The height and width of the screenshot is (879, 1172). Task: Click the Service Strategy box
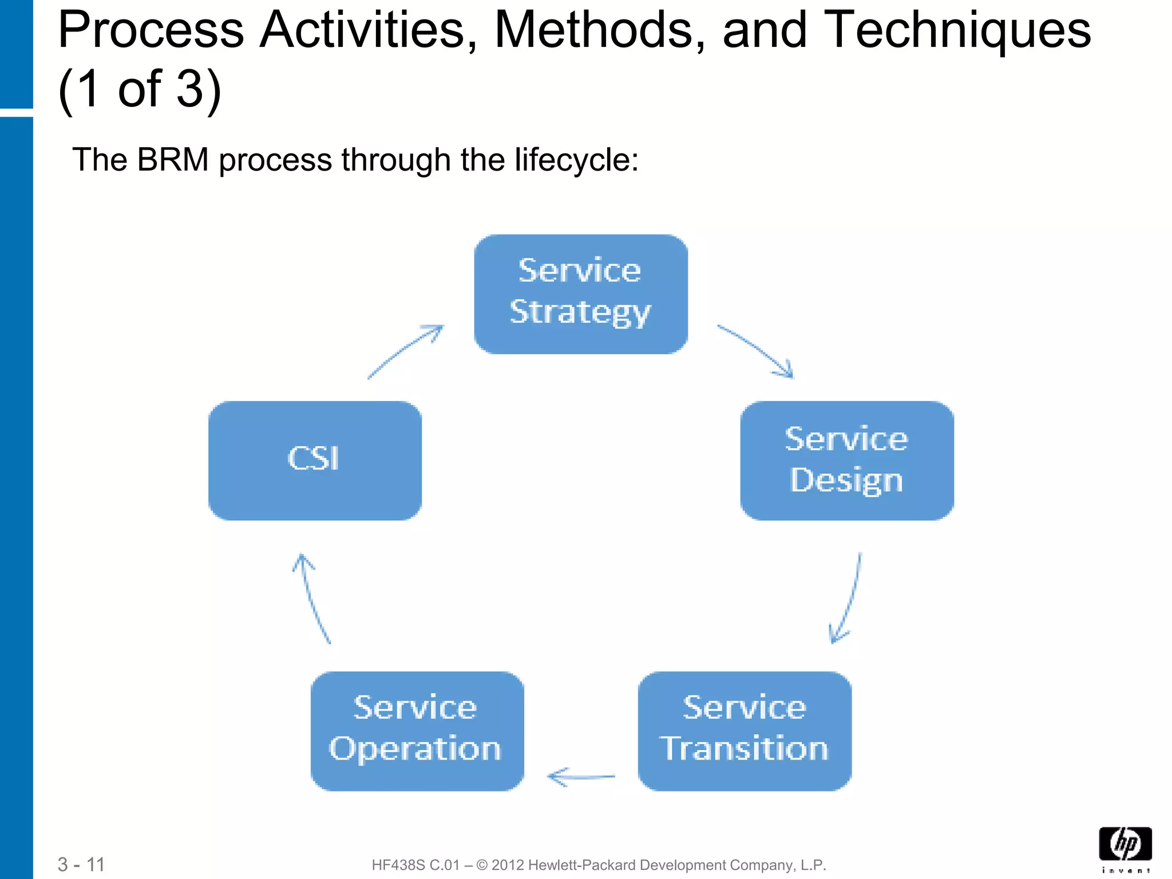pos(581,294)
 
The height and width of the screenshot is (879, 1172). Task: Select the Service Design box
pos(846,460)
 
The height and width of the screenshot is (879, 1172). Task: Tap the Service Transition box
pos(745,731)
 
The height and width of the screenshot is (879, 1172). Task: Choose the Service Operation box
pos(417,731)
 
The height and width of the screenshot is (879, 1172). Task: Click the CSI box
pos(315,460)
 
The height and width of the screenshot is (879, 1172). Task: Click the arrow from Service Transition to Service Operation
pos(581,777)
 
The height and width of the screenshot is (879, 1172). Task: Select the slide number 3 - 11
pos(81,864)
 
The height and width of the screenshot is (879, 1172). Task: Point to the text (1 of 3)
pos(140,89)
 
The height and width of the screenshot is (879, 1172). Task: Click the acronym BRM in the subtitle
pos(173,160)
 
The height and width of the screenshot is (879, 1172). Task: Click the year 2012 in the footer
pos(508,865)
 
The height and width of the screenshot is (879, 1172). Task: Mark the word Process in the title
pos(151,30)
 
